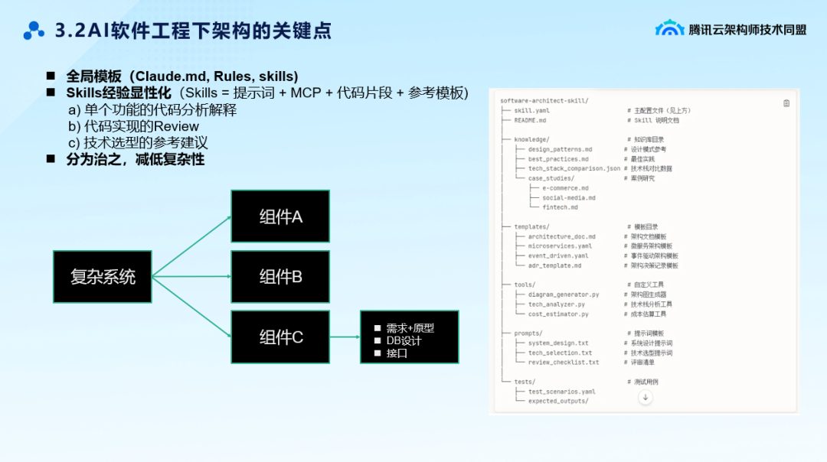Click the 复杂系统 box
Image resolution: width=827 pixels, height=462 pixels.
click(x=103, y=276)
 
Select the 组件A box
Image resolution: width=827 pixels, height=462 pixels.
click(x=280, y=216)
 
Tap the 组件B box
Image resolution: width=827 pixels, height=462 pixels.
click(x=280, y=276)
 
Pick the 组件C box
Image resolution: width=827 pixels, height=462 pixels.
click(x=280, y=337)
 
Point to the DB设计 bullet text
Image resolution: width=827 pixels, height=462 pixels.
click(x=404, y=340)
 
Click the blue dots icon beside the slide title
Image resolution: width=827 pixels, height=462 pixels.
click(x=34, y=31)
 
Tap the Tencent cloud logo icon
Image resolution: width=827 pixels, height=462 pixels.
click(x=669, y=28)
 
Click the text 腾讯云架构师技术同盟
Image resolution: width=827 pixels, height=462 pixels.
click(x=747, y=29)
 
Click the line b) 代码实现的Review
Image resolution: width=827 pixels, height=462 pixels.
click(x=133, y=126)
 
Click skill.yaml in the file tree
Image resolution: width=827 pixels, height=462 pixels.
click(x=531, y=110)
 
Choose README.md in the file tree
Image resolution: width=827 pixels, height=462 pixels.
click(x=530, y=120)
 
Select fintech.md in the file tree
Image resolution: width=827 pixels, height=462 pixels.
click(x=560, y=207)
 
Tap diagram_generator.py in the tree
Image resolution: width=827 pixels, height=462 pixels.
click(x=563, y=294)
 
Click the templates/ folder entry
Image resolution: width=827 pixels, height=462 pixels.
click(x=531, y=226)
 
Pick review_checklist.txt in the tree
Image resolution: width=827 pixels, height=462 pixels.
click(x=563, y=363)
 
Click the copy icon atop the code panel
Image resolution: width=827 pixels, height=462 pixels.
click(x=786, y=103)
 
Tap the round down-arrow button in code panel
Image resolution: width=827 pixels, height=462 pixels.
click(x=645, y=397)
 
